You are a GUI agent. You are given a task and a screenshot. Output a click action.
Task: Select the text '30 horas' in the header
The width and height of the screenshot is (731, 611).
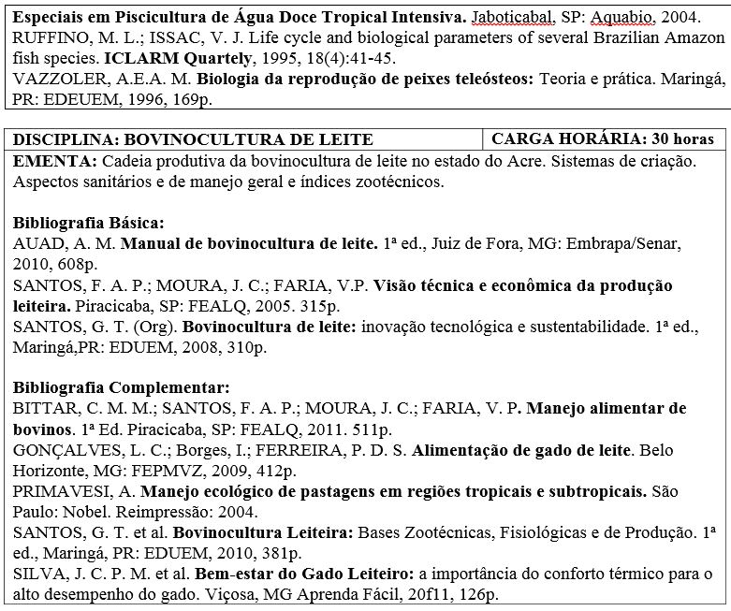point(681,140)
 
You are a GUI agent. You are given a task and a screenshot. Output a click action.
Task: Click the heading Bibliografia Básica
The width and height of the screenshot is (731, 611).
point(89,225)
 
